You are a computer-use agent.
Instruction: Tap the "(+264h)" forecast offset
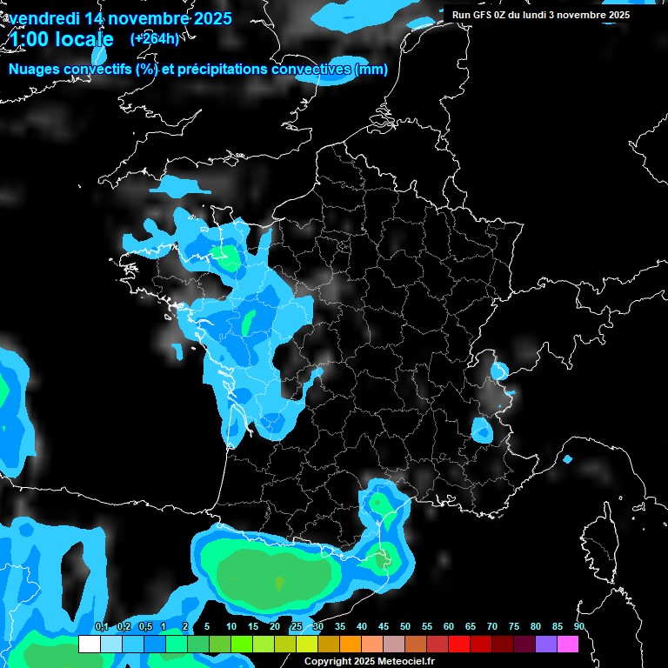click(154, 38)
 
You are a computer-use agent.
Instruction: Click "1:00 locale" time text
click(61, 39)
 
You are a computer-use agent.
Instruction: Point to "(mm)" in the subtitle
click(371, 70)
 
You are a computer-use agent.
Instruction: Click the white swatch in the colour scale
click(89, 644)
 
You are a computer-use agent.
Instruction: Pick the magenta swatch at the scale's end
click(568, 644)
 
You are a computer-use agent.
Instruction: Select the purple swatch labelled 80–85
click(546, 644)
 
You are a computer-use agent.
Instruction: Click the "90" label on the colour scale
click(579, 627)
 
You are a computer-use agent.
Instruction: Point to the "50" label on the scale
click(405, 627)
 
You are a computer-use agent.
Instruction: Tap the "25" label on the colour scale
click(297, 627)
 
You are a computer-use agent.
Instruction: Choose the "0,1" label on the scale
click(101, 627)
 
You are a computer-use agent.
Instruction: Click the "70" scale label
click(492, 627)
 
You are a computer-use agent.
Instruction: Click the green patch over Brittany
click(228, 257)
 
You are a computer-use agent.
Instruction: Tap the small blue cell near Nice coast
click(567, 458)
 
